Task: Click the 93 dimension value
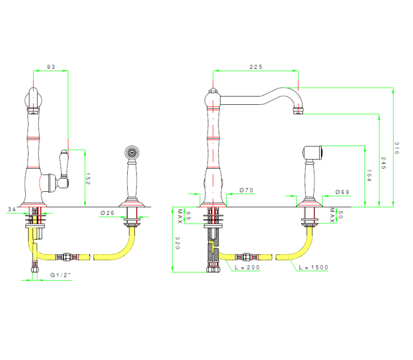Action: click(x=51, y=67)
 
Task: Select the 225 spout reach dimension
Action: click(x=256, y=67)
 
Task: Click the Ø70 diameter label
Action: click(x=246, y=190)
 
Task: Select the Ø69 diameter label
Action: click(x=343, y=192)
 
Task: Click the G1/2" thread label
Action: click(x=61, y=275)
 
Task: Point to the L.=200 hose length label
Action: click(x=246, y=267)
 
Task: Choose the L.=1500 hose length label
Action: click(x=313, y=267)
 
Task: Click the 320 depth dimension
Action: click(x=178, y=244)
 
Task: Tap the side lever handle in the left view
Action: click(x=64, y=166)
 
